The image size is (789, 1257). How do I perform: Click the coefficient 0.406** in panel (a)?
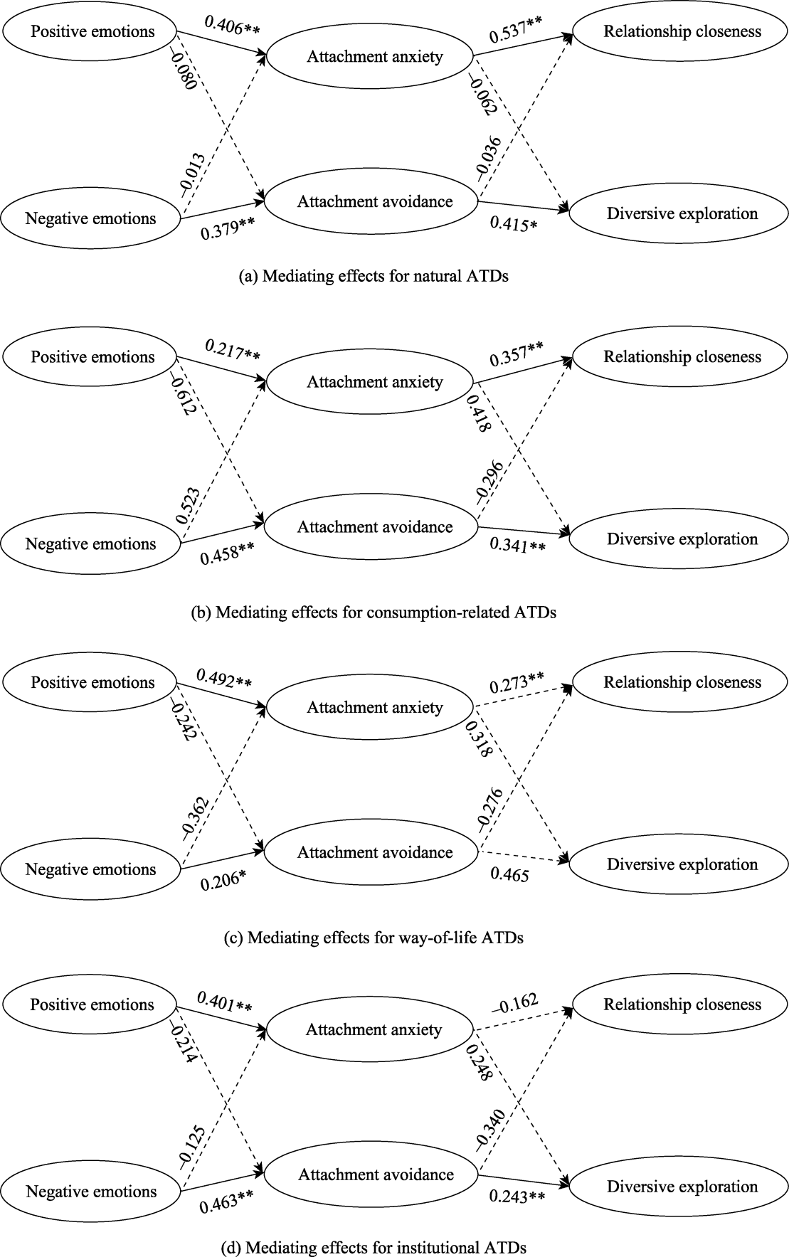coord(232,24)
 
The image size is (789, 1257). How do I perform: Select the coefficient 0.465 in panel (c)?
coord(510,875)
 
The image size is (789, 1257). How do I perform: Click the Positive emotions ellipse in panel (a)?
coord(92,32)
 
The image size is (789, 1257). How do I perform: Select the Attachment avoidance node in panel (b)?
coord(375,527)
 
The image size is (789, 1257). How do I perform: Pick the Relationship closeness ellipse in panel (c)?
coord(682,682)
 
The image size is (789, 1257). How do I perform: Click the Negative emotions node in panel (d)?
coord(91,1192)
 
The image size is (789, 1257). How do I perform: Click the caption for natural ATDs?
coord(374,277)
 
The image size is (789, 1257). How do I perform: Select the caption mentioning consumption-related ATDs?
coord(374,612)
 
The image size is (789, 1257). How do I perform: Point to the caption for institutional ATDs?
coord(374,1247)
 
